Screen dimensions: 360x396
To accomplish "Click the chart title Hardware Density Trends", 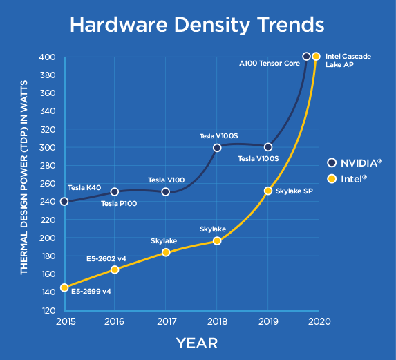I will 197,26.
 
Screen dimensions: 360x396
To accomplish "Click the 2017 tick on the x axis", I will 166,321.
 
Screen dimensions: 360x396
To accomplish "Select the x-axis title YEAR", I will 197,343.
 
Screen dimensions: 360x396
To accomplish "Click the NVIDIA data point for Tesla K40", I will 64,201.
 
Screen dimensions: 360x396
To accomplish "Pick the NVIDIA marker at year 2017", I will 166,191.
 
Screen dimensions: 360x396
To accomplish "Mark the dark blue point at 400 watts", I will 306,56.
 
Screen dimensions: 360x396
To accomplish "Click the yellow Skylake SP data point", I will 268,191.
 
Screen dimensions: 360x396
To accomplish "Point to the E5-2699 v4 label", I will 91,291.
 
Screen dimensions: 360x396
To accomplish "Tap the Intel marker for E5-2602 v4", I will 115,269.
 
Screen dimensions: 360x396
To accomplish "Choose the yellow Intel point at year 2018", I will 217,240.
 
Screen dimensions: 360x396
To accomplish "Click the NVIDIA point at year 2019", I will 268,147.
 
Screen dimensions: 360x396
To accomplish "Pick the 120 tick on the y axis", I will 48,310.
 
